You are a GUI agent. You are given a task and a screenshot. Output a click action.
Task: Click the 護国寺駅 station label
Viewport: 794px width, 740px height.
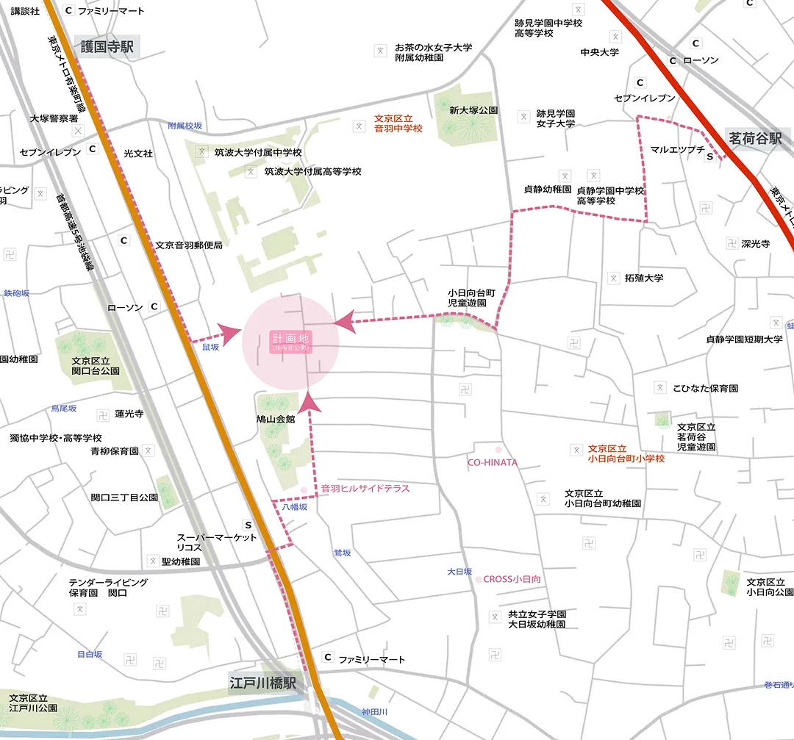pyautogui.click(x=107, y=47)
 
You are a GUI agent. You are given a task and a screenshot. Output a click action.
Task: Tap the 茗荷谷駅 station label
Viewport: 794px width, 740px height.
pyautogui.click(x=755, y=138)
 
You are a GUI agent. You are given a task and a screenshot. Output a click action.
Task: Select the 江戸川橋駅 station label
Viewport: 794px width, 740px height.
pyautogui.click(x=262, y=683)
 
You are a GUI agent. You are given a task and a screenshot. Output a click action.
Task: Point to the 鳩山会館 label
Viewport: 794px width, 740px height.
pyautogui.click(x=275, y=419)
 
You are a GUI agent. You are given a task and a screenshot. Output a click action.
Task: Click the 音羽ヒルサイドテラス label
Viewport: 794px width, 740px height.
pyautogui.click(x=365, y=488)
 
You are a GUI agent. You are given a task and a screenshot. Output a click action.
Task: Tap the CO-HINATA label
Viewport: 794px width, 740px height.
pyautogui.click(x=493, y=463)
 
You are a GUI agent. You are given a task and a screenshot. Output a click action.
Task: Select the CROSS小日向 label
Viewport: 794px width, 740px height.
pyautogui.click(x=512, y=579)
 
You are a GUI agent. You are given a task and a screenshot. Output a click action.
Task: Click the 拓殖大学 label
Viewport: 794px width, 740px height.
pyautogui.click(x=644, y=278)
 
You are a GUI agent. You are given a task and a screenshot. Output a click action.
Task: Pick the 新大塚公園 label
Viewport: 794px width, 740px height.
pyautogui.click(x=473, y=110)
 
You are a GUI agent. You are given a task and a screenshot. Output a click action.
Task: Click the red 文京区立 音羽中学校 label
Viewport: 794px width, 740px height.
pyautogui.click(x=398, y=123)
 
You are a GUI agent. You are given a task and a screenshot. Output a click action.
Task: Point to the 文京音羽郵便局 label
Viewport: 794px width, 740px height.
pyautogui.click(x=189, y=245)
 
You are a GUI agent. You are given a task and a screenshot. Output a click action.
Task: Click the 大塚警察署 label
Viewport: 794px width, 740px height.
pyautogui.click(x=54, y=118)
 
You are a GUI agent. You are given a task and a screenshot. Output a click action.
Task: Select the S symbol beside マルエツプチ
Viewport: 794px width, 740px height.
pyautogui.click(x=709, y=157)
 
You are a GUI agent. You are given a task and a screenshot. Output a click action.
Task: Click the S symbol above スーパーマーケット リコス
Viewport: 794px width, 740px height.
pyautogui.click(x=248, y=525)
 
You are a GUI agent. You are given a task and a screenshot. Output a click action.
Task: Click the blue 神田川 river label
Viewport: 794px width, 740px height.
pyautogui.click(x=374, y=712)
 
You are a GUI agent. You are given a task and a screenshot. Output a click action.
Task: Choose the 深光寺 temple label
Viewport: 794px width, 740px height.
pyautogui.click(x=755, y=243)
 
